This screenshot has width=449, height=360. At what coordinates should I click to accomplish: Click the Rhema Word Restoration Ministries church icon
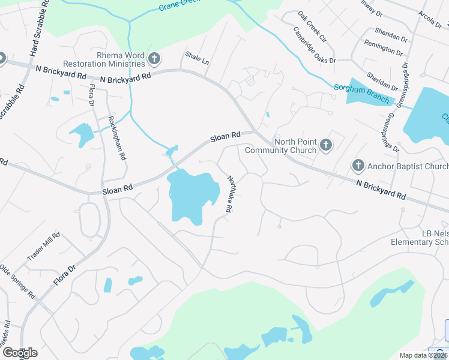tap(154, 58)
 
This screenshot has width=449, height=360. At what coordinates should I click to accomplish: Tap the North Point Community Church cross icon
tap(326, 144)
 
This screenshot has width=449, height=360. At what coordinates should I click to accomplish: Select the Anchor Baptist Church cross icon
tap(358, 165)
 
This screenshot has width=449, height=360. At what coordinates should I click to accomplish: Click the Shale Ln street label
tap(197, 58)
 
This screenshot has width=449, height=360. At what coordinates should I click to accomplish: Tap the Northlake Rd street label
tap(229, 194)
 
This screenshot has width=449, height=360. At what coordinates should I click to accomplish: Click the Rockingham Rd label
tap(116, 137)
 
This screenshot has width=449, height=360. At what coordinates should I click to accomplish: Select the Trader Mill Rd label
tap(43, 246)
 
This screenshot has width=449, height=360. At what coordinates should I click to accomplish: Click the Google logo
tap(19, 353)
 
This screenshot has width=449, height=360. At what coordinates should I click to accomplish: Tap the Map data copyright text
tap(423, 355)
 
